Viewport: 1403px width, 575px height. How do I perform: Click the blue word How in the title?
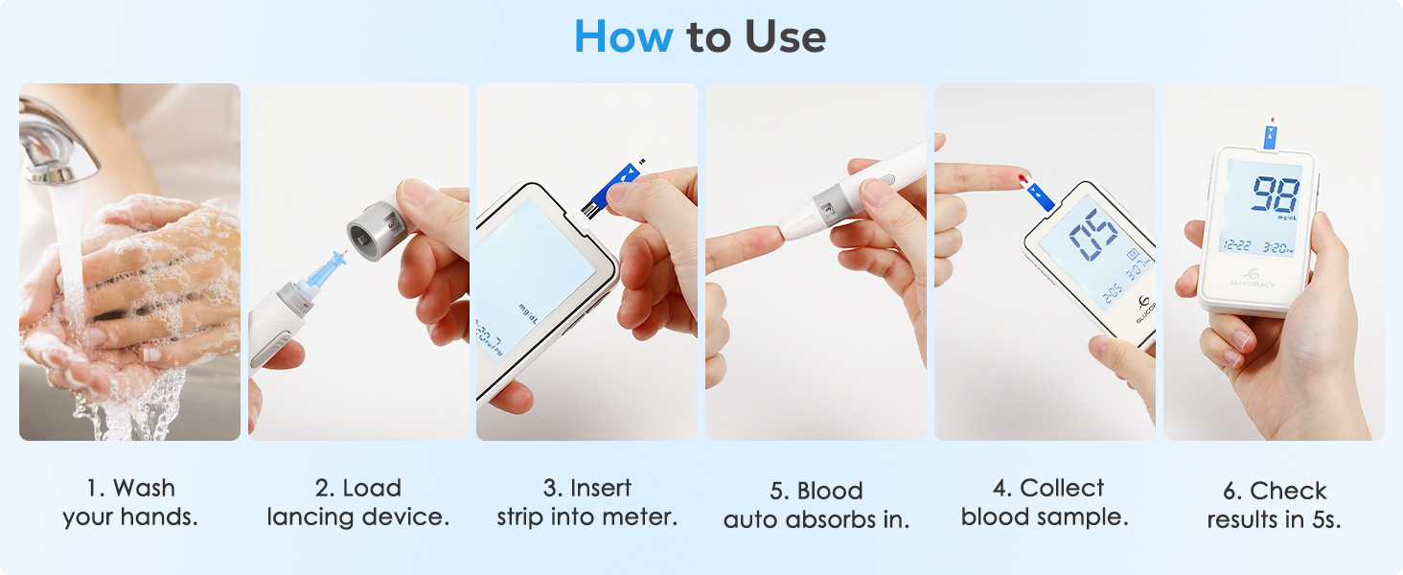coord(624,37)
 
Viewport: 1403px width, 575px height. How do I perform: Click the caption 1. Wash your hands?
coord(130,502)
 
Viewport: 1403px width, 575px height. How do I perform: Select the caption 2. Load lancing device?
coord(358,502)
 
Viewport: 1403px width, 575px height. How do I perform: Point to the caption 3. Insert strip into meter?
coord(586,502)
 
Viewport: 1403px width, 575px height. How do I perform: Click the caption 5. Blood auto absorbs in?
coord(816,505)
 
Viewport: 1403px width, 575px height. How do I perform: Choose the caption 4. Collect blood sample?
coord(1045,502)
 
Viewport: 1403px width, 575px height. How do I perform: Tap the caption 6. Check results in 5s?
coord(1274,505)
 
